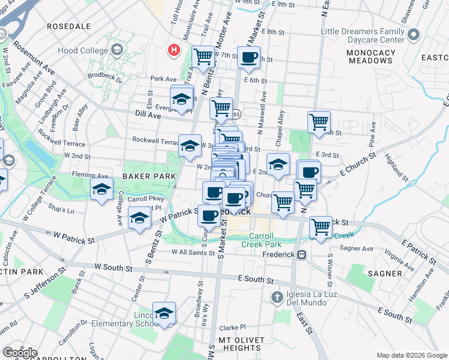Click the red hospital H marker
click(x=174, y=50)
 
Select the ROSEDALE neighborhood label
click(x=68, y=26)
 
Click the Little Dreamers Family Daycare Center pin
click(x=413, y=35)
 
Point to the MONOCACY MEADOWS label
click(x=371, y=56)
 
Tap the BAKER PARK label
click(x=149, y=176)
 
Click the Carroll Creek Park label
click(x=261, y=240)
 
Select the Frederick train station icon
click(x=302, y=254)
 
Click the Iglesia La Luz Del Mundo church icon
click(x=276, y=296)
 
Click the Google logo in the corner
click(x=20, y=352)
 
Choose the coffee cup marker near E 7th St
click(x=249, y=58)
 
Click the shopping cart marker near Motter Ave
click(x=203, y=56)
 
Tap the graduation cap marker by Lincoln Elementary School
click(x=164, y=313)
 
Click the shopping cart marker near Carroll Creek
click(x=321, y=227)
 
